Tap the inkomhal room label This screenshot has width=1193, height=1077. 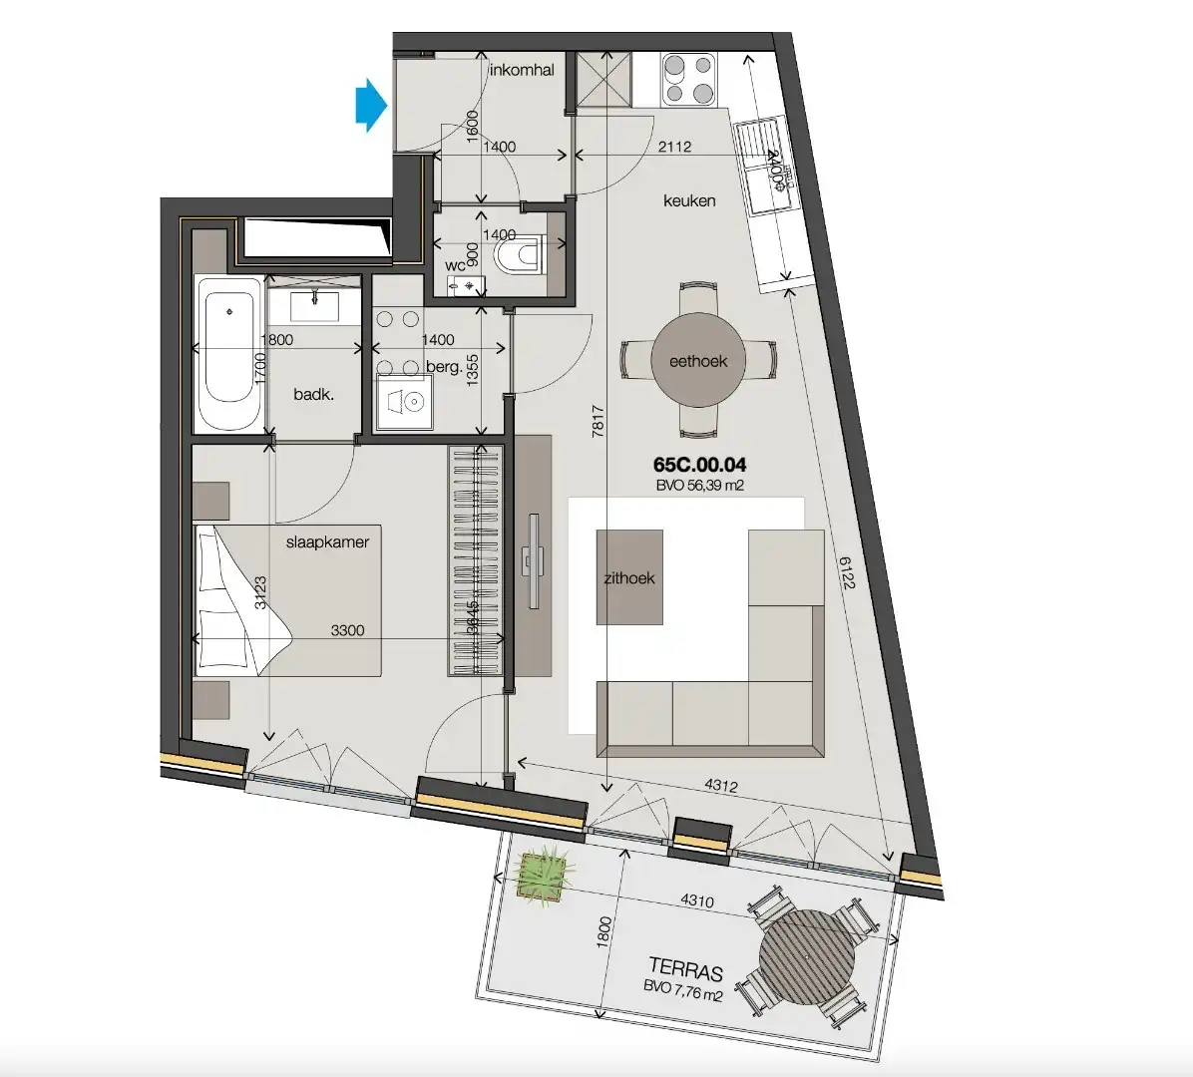pos(521,70)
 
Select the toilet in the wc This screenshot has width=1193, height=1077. pos(518,254)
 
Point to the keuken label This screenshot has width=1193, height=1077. pos(689,200)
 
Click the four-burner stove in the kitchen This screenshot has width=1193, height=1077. pos(689,80)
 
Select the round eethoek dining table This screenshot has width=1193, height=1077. pos(698,361)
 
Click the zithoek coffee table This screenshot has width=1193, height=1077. pos(629,577)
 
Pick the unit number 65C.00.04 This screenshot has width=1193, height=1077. pos(699,465)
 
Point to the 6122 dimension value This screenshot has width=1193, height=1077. pos(848,571)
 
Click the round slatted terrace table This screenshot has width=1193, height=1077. pos(807,958)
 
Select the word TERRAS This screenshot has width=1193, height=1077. pos(685,969)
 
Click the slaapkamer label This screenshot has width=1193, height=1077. pos(327,542)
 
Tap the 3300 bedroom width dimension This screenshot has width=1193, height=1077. pos(347,630)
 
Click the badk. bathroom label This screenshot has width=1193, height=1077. pos(313,395)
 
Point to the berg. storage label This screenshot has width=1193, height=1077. pos(444,367)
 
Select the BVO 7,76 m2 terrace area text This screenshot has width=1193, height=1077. pos(683,994)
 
